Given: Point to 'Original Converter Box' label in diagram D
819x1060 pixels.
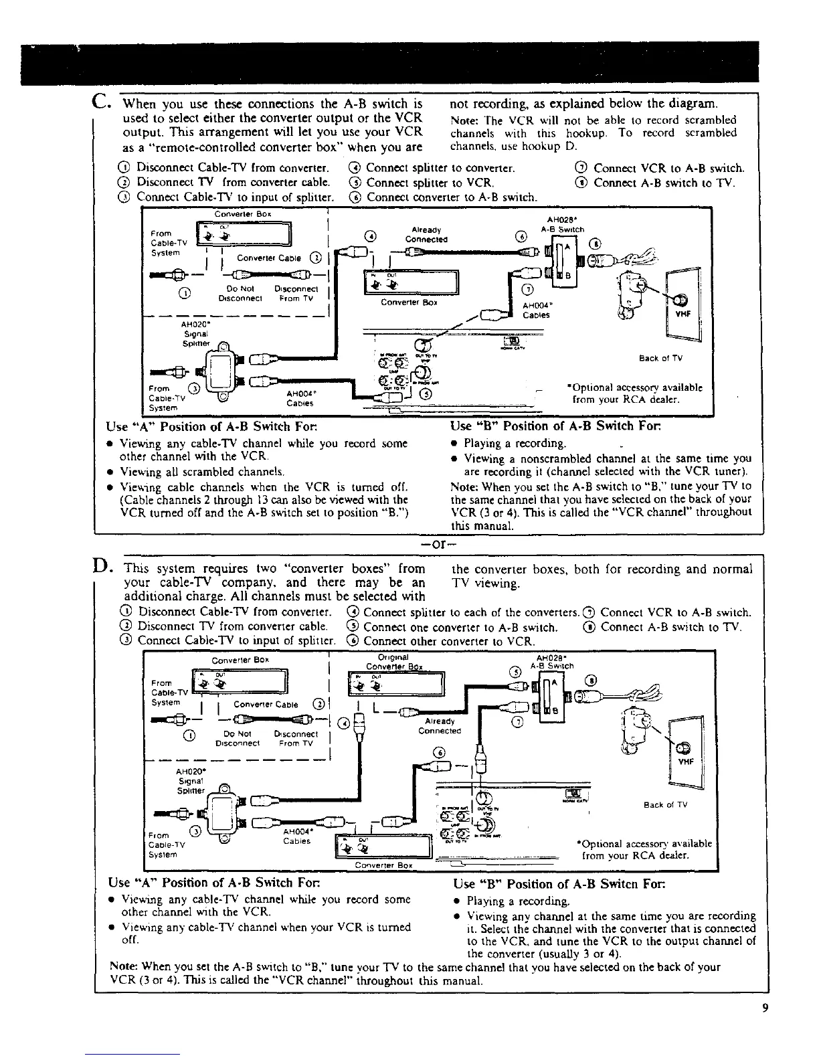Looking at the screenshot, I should click(x=393, y=662).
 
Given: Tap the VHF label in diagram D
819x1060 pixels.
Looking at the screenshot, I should click(x=685, y=761).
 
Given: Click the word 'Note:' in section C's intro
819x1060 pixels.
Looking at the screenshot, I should click(x=466, y=120).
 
